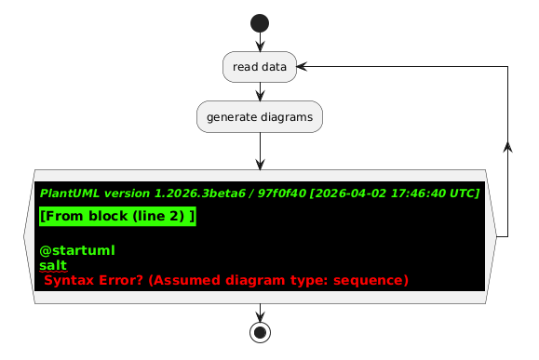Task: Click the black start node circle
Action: coord(260,23)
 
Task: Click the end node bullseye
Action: coord(261,332)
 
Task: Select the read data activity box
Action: coord(260,67)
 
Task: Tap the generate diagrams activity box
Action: coord(260,117)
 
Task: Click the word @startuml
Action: coord(77,250)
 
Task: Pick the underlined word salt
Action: coord(53,265)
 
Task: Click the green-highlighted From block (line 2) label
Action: coord(117,216)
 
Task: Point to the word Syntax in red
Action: coord(69,280)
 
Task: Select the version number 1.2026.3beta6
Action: coord(200,193)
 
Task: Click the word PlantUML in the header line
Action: coord(70,193)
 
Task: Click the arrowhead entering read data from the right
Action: coord(302,67)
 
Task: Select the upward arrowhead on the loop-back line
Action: coord(507,147)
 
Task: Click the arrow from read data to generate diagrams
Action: coord(261,92)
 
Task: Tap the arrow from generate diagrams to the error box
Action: coord(261,151)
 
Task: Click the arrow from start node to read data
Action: coord(261,42)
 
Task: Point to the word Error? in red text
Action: coord(120,280)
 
